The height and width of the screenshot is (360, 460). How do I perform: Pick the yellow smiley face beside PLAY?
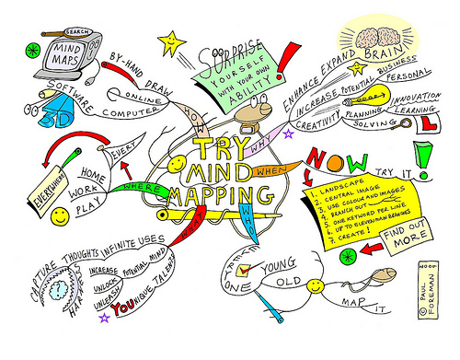coord(60,217)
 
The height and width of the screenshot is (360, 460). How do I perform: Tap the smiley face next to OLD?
coord(317,286)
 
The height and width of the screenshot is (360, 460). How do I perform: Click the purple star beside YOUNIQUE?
coord(105,319)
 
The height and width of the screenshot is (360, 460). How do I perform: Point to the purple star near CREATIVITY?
coord(288,134)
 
